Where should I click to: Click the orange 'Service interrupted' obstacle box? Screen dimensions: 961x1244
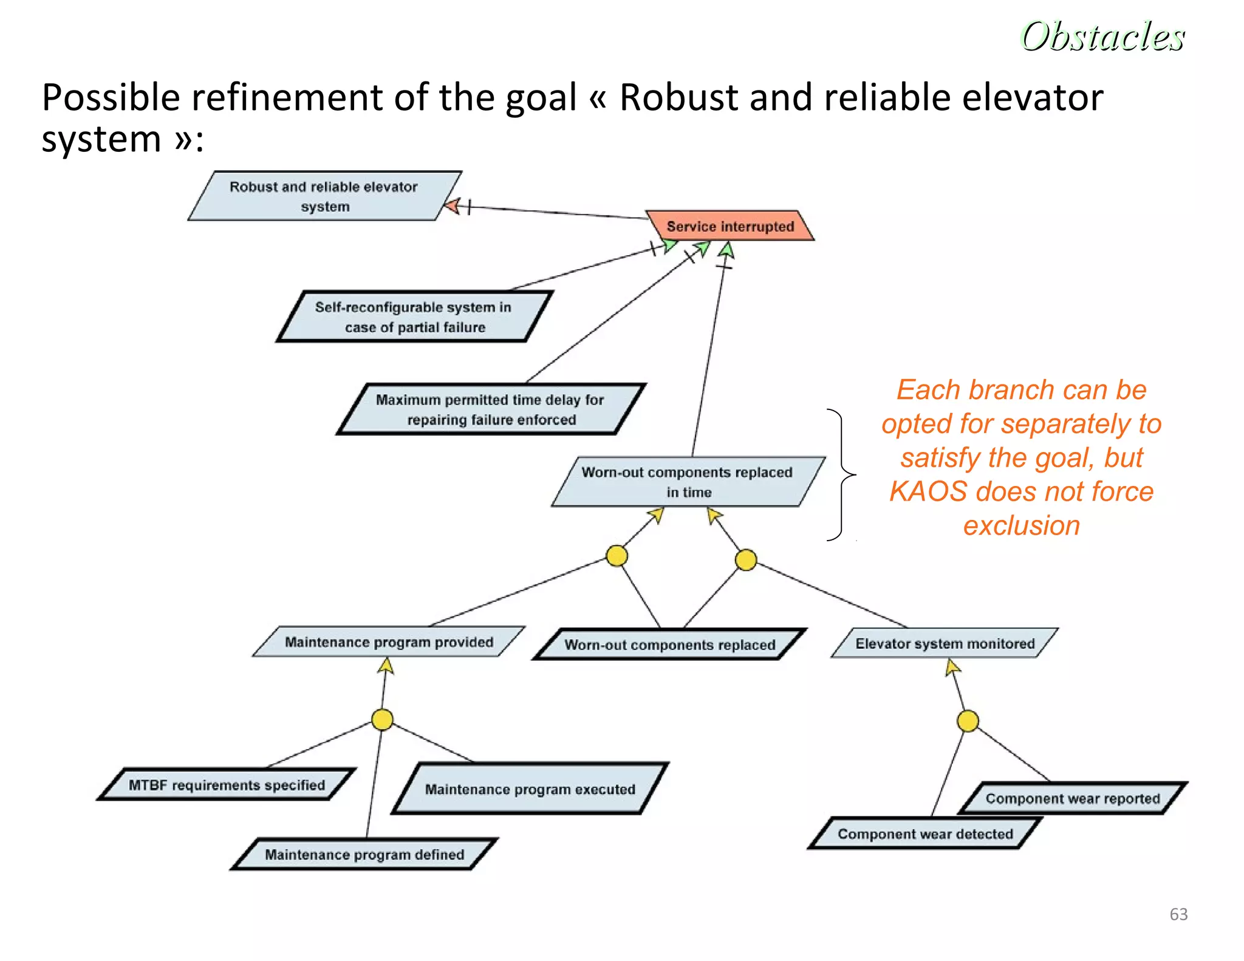tap(730, 226)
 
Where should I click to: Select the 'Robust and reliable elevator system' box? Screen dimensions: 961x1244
tap(324, 196)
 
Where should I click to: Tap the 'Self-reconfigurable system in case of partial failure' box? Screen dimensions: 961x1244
tap(414, 316)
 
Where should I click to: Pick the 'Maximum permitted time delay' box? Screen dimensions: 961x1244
tap(490, 409)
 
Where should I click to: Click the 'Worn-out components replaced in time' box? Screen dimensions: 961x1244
tap(688, 482)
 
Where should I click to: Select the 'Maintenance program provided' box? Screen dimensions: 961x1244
tap(389, 642)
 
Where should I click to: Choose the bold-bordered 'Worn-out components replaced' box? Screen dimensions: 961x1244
tap(669, 645)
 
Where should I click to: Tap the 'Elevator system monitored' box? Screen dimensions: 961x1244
tap(945, 643)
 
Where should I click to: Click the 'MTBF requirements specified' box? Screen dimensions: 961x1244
tap(227, 785)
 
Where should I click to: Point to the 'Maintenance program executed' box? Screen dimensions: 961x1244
tap(530, 788)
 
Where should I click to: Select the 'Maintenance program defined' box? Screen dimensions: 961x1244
tap(364, 854)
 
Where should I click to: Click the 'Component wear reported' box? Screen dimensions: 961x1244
tap(1072, 798)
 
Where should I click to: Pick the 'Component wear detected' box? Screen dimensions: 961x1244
tap(925, 833)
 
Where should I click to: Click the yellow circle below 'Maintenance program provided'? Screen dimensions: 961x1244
tap(382, 719)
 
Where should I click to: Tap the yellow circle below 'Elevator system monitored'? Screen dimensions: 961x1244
tap(968, 721)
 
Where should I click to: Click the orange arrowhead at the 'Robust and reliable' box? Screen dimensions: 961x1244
tap(453, 205)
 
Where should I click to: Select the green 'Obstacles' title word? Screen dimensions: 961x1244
tap(1102, 36)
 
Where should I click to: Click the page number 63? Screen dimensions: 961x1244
tap(1178, 914)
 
